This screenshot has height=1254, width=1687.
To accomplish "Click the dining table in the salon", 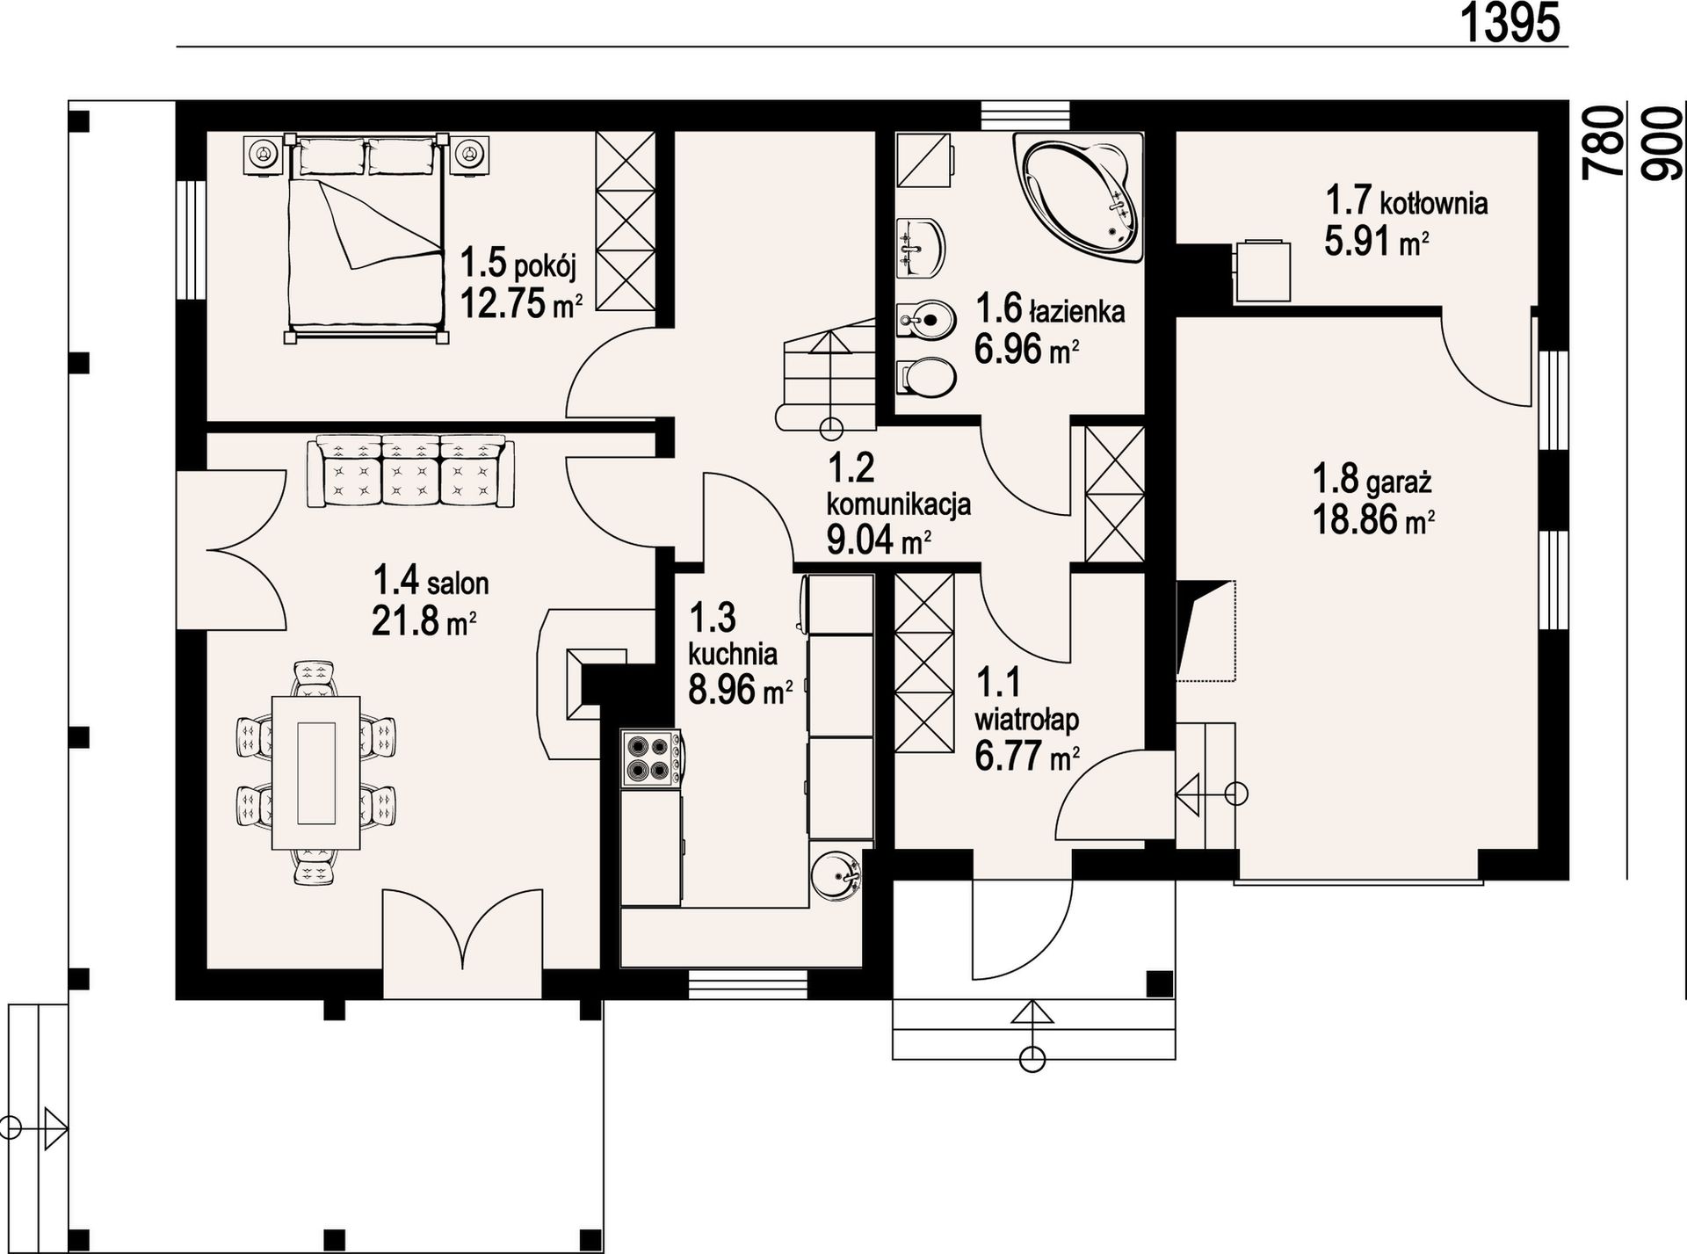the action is click(316, 772).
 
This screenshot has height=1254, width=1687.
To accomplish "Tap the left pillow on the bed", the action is click(330, 157).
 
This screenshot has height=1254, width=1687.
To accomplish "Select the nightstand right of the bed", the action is click(469, 155).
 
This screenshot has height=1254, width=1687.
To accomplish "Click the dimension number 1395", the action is click(1510, 24).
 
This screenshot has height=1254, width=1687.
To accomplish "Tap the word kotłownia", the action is click(1434, 204).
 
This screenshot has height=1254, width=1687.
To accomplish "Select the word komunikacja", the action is click(899, 504).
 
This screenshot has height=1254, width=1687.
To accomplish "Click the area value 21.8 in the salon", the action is click(405, 621).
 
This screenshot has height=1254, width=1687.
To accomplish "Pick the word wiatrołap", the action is click(1027, 720).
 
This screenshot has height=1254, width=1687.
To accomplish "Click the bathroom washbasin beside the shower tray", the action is click(920, 247).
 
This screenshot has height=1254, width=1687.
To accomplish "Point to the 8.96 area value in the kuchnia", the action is click(721, 691).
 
